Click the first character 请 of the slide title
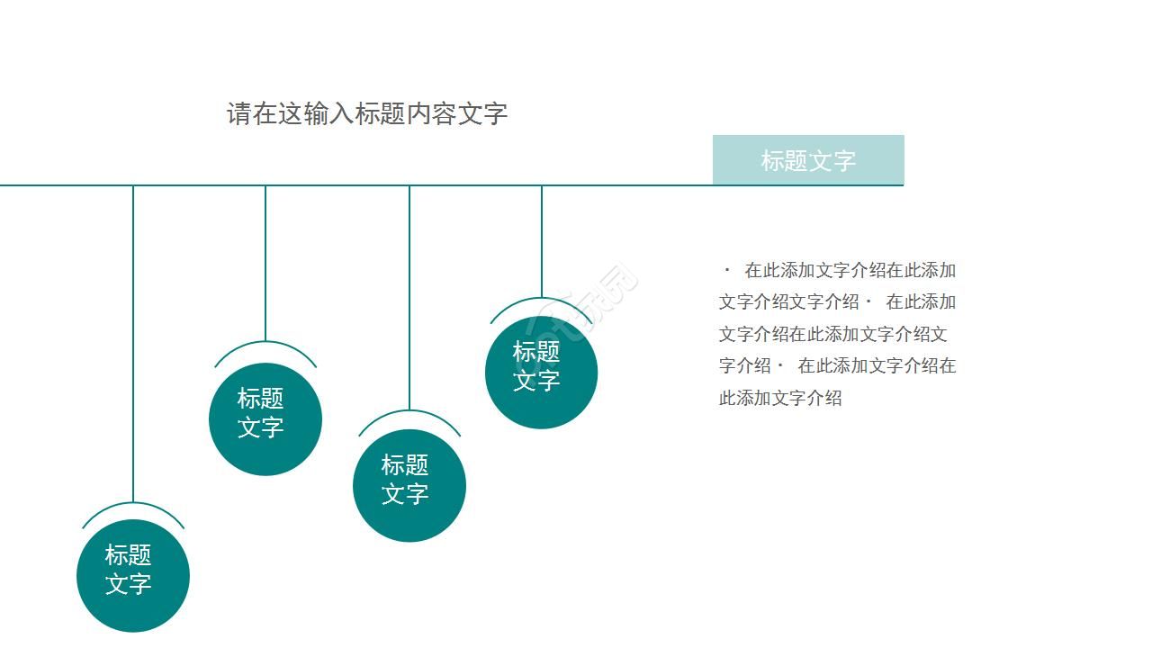[x=239, y=114]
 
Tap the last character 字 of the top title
[x=496, y=114]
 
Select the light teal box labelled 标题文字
[x=807, y=160]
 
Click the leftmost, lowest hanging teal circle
[x=133, y=576]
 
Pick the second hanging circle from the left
[x=265, y=419]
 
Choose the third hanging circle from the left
[x=409, y=486]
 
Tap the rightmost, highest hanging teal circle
[x=541, y=373]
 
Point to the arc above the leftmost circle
[x=133, y=505]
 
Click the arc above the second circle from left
[x=265, y=344]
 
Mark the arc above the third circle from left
[x=409, y=413]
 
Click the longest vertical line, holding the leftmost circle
[x=133, y=342]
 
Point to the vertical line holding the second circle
[x=265, y=261]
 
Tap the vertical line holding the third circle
[x=409, y=297]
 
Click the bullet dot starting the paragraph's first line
[x=727, y=269]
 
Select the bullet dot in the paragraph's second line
[x=868, y=301]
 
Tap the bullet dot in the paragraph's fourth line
[x=780, y=365]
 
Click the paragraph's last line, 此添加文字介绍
[x=780, y=398]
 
